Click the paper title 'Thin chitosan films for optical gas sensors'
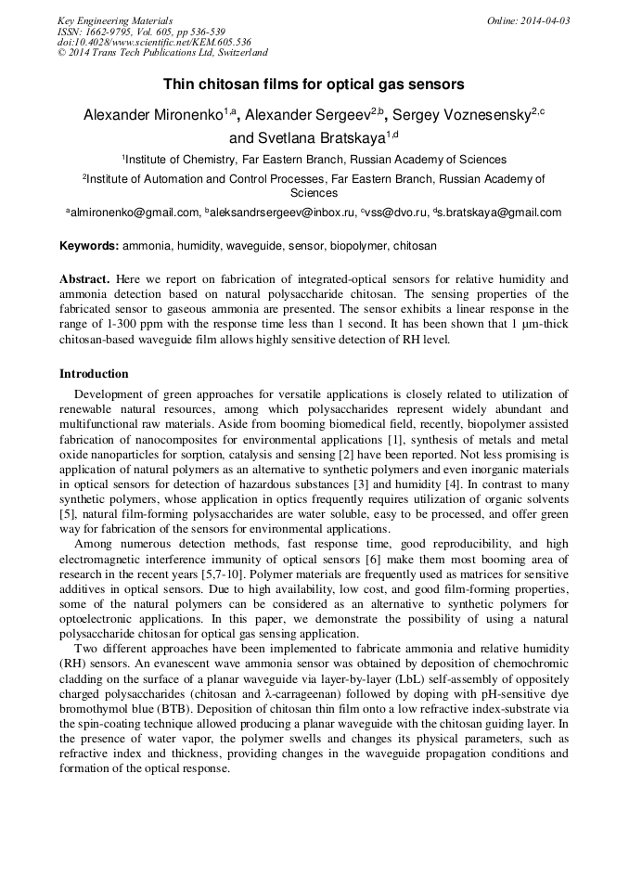(x=314, y=84)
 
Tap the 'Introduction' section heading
(x=94, y=374)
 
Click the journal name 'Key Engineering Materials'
(x=115, y=20)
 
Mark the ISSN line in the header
(x=140, y=32)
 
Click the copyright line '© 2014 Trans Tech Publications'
(x=162, y=54)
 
